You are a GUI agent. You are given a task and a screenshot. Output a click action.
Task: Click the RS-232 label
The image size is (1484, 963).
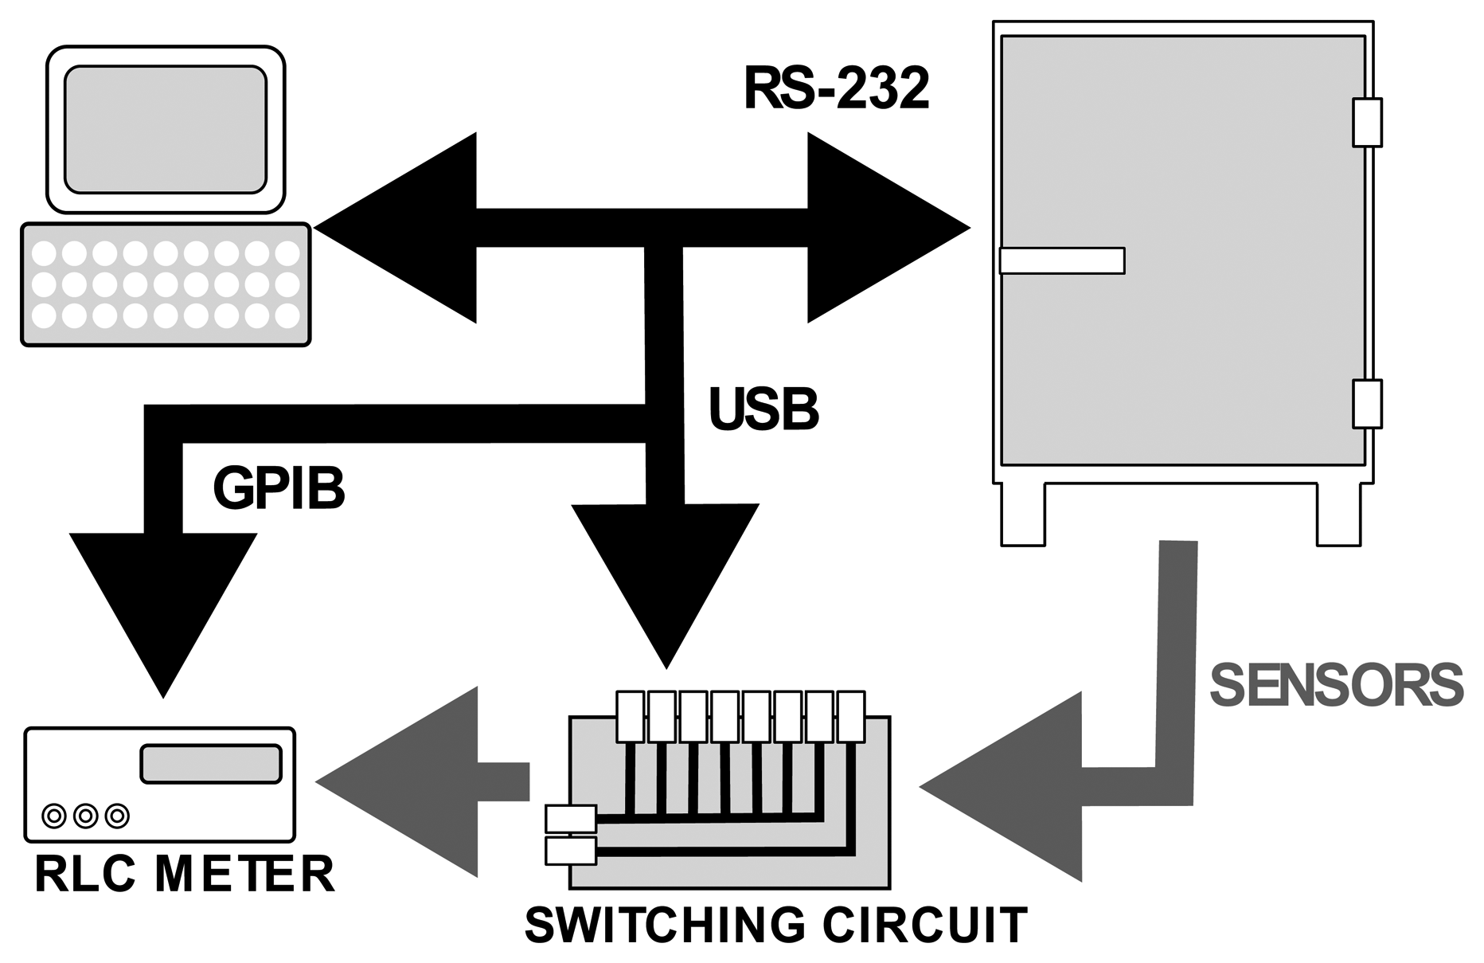(x=836, y=89)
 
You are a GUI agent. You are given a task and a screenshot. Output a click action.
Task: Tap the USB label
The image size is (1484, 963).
(x=763, y=409)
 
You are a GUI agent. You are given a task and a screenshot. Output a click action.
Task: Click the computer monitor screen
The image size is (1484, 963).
(x=165, y=129)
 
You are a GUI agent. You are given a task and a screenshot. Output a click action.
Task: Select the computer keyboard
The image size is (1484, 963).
(x=165, y=284)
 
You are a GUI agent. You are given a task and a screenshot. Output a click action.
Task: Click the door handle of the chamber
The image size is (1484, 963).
(x=1061, y=260)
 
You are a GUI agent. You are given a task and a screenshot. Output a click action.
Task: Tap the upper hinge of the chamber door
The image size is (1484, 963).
(x=1367, y=123)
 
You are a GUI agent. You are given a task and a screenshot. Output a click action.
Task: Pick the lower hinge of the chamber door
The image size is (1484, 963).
(x=1367, y=404)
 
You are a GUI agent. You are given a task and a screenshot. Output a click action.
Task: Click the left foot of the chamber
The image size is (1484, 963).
(x=1022, y=515)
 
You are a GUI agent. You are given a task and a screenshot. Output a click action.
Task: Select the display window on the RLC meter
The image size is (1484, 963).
(x=211, y=764)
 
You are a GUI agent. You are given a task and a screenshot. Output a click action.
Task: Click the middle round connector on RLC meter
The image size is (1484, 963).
(x=85, y=815)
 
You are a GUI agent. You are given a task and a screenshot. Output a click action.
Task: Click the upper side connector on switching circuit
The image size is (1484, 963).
(x=570, y=818)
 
